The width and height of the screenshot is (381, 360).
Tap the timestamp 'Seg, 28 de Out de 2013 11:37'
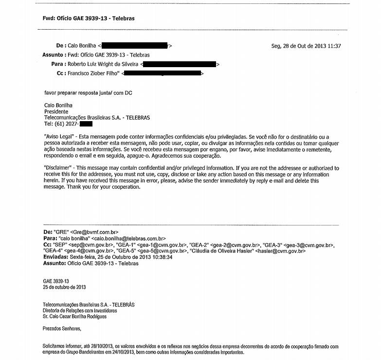pos(306,46)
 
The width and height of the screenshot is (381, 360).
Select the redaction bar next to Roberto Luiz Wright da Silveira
pos(180,64)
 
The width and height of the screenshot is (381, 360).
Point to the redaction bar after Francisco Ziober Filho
pos(162,73)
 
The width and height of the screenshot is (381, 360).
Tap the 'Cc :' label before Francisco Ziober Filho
pos(61,73)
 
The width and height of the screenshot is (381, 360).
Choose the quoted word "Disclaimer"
pos(59,168)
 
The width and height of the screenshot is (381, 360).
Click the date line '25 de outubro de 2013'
pos(65,287)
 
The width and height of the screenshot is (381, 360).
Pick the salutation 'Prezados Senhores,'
pos(62,328)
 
